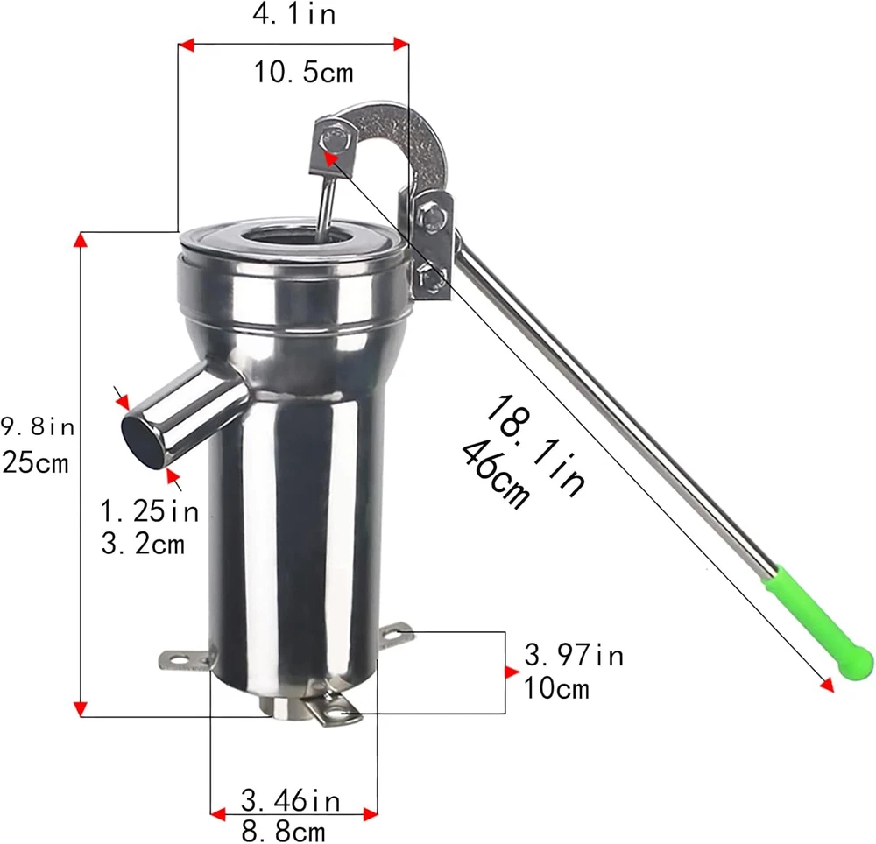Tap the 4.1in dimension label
tap(294, 14)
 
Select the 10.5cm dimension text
tap(304, 73)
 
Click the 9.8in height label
tap(37, 427)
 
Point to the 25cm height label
tap(35, 463)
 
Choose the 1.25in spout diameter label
tap(150, 511)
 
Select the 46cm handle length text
tap(495, 475)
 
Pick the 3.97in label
tap(574, 655)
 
